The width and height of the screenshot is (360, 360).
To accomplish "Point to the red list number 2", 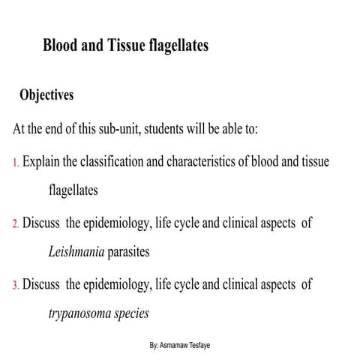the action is tap(16, 223).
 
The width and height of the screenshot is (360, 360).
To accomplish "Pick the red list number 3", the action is tap(16, 285).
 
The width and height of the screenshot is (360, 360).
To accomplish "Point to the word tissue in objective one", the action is tap(314, 161).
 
